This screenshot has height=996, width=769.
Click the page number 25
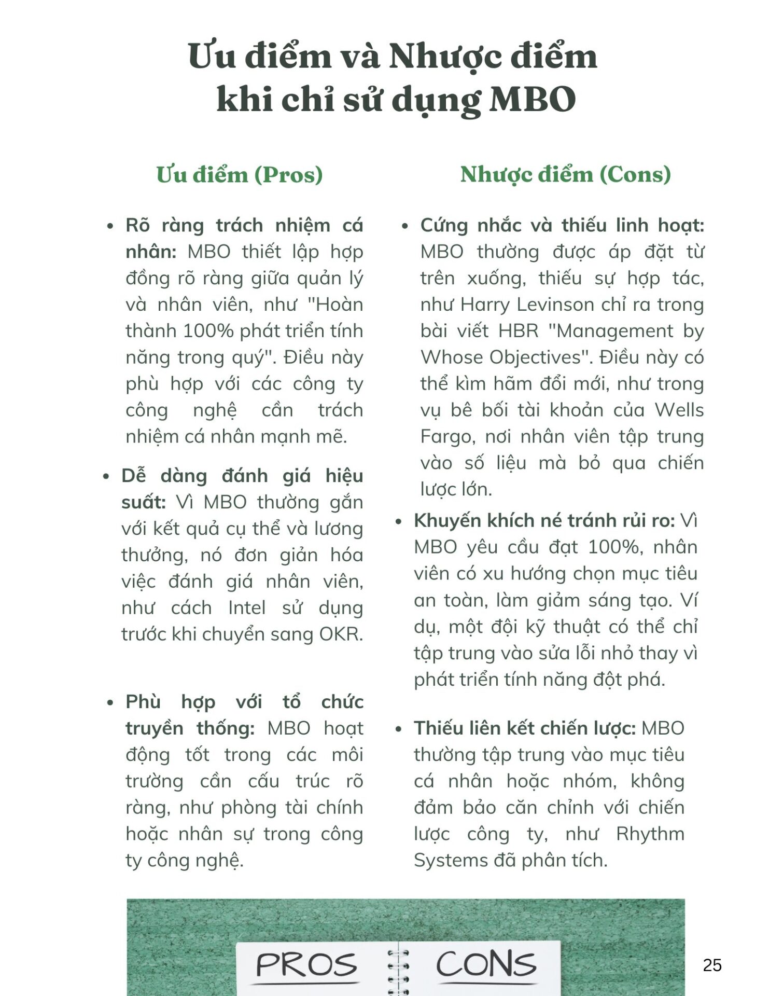pyautogui.click(x=712, y=965)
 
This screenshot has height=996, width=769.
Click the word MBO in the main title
pyautogui.click(x=533, y=99)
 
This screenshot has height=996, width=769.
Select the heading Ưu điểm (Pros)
pyautogui.click(x=240, y=175)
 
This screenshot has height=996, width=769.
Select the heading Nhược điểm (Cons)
pyautogui.click(x=565, y=174)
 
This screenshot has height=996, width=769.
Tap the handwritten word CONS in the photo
pyautogui.click(x=486, y=964)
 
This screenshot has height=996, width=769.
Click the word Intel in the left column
pyautogui.click(x=247, y=608)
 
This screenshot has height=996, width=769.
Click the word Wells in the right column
pyautogui.click(x=679, y=410)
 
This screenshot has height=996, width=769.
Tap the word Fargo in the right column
pyautogui.click(x=448, y=436)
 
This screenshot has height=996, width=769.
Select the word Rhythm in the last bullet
pyautogui.click(x=650, y=834)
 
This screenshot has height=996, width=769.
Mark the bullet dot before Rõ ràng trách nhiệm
pyautogui.click(x=110, y=226)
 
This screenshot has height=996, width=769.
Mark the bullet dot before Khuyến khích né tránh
pyautogui.click(x=398, y=521)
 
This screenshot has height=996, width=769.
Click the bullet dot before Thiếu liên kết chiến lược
pyautogui.click(x=398, y=729)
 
